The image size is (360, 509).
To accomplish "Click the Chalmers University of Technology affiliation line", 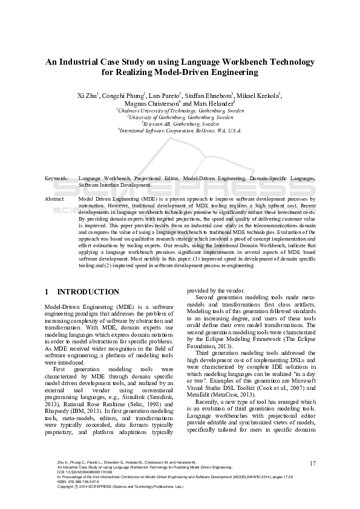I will pyautogui.click(x=180, y=111).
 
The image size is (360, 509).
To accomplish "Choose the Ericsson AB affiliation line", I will pyautogui.click(x=180, y=123).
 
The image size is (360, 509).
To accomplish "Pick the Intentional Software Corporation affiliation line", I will pyautogui.click(x=180, y=130).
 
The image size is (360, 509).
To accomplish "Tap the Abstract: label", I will pyautogui.click(x=55, y=198).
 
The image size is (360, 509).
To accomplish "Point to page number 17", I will pyautogui.click(x=313, y=464).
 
